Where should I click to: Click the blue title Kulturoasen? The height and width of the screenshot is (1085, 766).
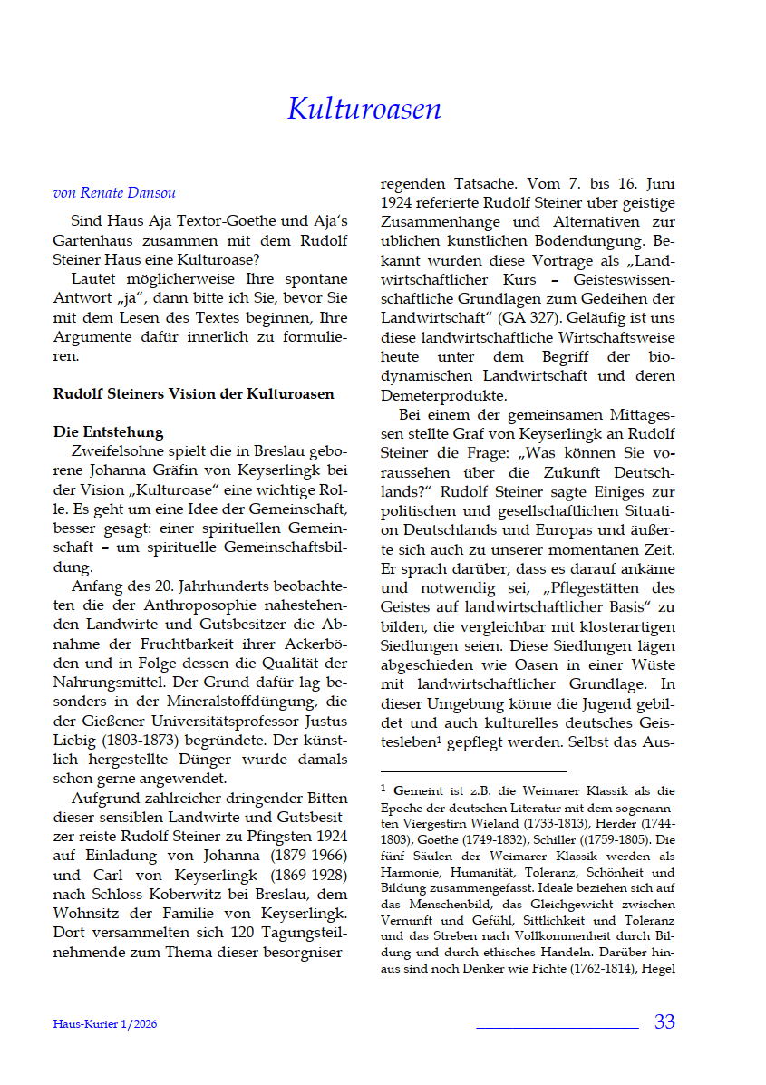pos(364,109)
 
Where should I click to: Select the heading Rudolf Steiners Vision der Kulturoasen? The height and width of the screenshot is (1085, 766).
pos(193,394)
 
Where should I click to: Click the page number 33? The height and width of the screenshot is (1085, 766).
pos(664,1022)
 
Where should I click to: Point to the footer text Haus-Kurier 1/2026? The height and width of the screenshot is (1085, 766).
pos(111,1024)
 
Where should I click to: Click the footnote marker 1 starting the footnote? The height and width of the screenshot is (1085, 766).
pos(383,788)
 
